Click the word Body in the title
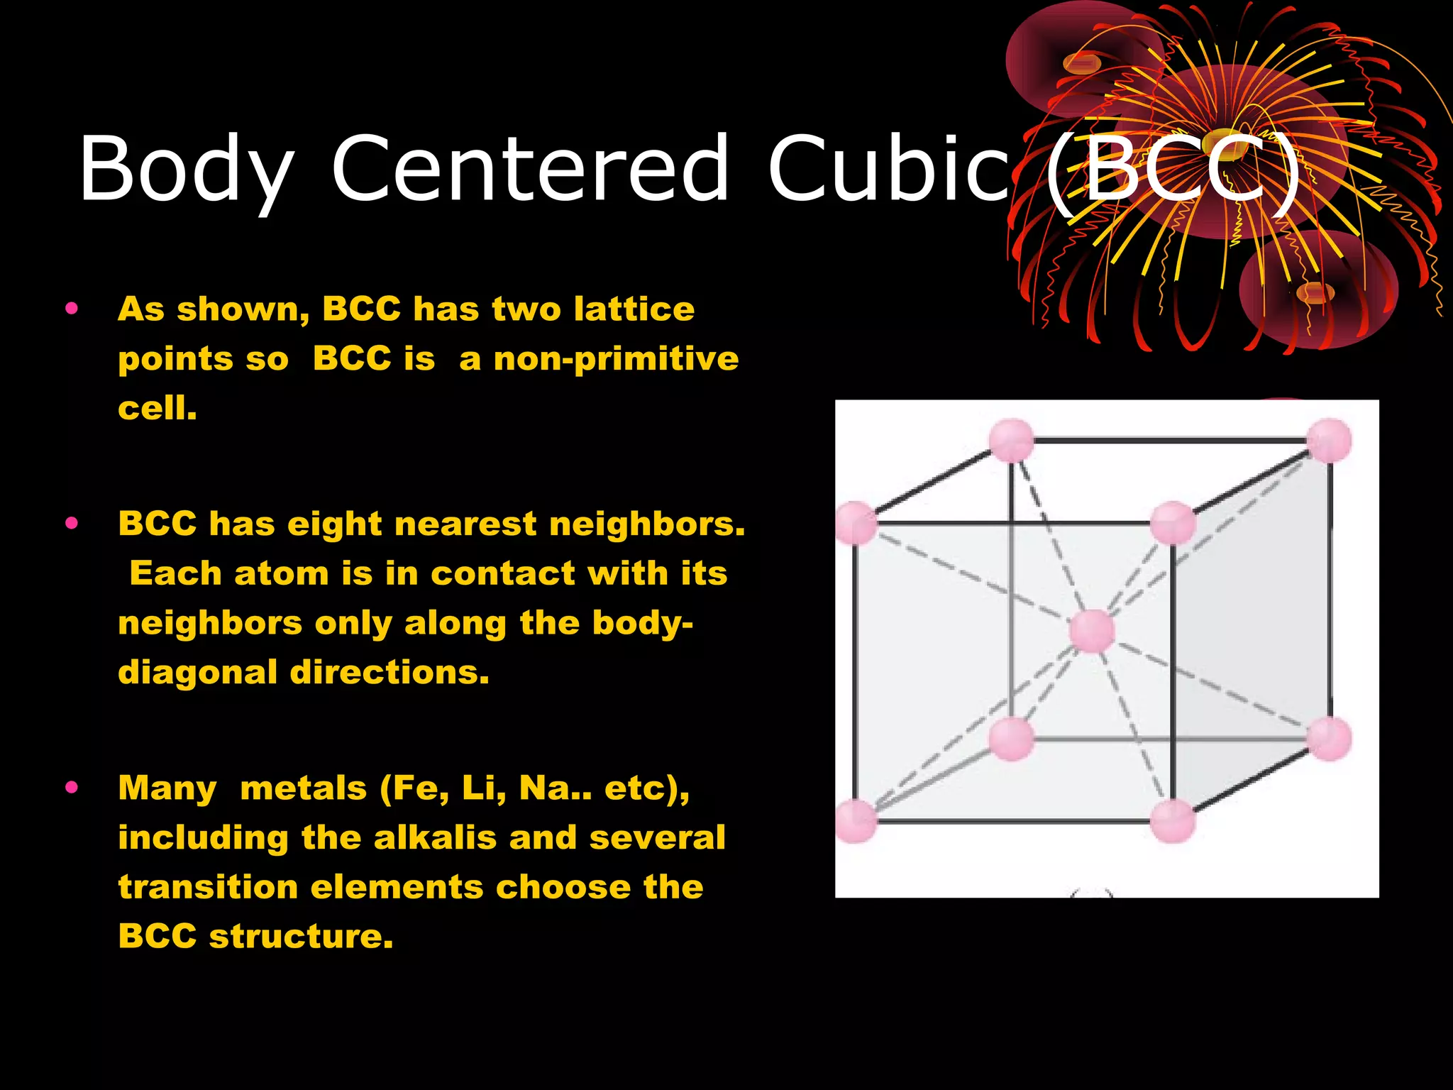(x=186, y=170)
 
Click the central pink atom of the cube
(x=1092, y=630)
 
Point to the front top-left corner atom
(x=856, y=523)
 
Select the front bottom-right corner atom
(x=1173, y=820)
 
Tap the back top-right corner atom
(x=1328, y=440)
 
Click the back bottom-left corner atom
(x=1011, y=739)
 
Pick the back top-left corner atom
(x=1011, y=440)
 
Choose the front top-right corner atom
(x=1173, y=523)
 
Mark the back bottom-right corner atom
(x=1328, y=739)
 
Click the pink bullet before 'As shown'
(x=71, y=308)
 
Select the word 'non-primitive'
(x=616, y=358)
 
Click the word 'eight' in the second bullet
(x=334, y=524)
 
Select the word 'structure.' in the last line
(x=301, y=936)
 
